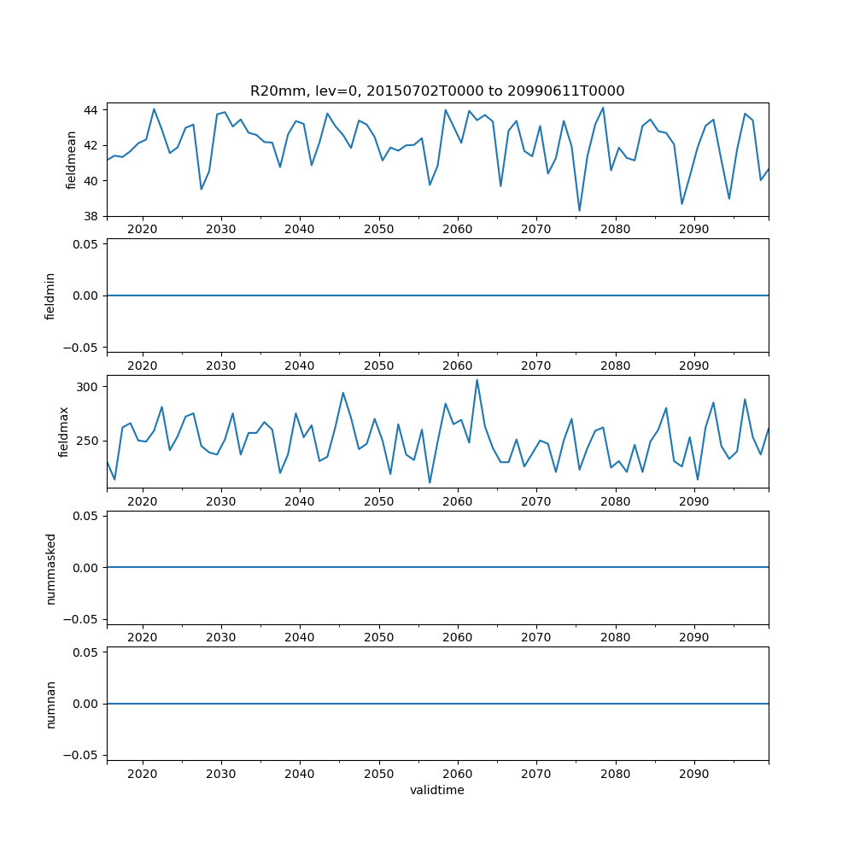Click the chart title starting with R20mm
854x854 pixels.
coord(437,91)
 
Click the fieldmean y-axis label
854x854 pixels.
coord(72,160)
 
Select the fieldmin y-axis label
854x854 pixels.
coord(50,295)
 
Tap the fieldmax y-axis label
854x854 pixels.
coord(64,432)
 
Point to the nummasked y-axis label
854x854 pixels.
coord(50,568)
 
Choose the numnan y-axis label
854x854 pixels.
coord(50,704)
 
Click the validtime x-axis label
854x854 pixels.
coord(437,790)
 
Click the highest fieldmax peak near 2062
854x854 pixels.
coord(477,380)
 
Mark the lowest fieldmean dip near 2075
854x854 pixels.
coord(579,210)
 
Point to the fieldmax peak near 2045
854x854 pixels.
coord(342,393)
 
